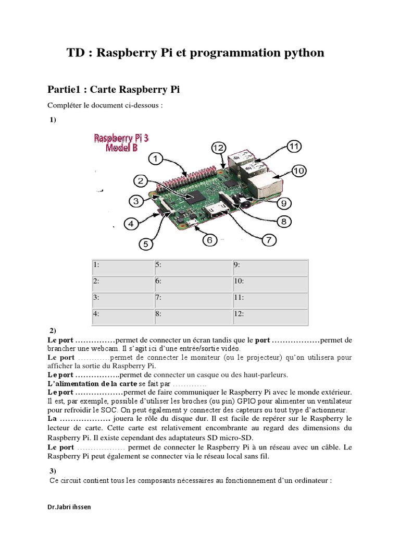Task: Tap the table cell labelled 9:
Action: [x=270, y=265]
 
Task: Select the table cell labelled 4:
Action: [x=122, y=315]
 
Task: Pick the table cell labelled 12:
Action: [x=270, y=315]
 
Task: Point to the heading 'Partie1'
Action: [x=67, y=90]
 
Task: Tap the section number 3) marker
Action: [x=53, y=471]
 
